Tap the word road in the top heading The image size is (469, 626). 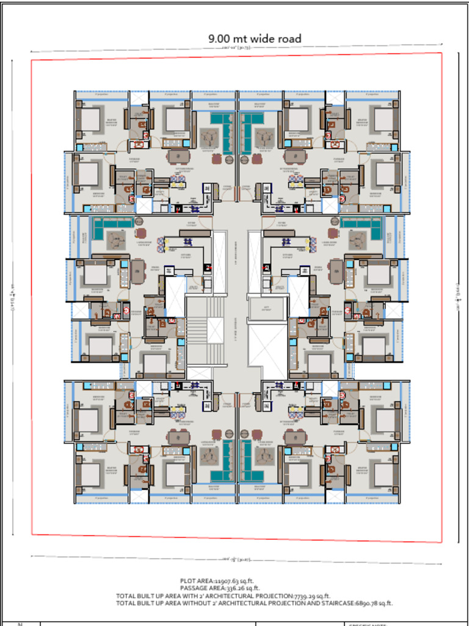tap(288, 39)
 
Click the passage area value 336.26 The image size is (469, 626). tap(235, 588)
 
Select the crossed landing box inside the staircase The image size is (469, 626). tap(216, 330)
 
